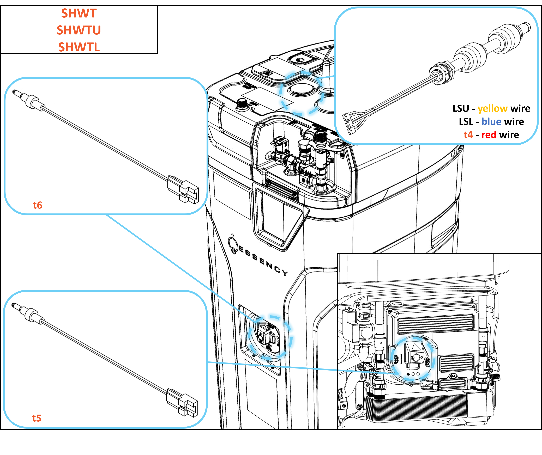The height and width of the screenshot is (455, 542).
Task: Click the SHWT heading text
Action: [x=79, y=13]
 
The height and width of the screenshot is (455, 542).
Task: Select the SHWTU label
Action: [x=79, y=30]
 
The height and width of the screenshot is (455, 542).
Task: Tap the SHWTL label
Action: [x=79, y=47]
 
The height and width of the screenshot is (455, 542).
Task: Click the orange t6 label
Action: [x=38, y=205]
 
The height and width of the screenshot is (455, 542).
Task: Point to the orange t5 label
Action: [x=37, y=418]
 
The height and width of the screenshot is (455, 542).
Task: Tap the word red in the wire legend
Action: [x=489, y=135]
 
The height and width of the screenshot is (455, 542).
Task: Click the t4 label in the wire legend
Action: [x=468, y=135]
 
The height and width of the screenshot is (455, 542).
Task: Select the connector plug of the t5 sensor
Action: [x=183, y=402]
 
